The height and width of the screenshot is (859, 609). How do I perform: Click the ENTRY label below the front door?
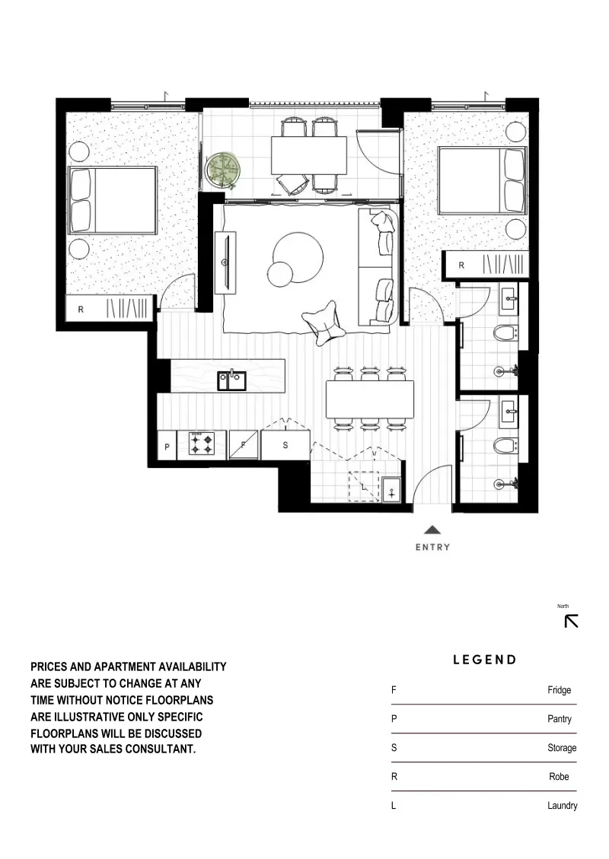pos(432,547)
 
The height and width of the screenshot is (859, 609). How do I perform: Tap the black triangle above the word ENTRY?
pos(432,530)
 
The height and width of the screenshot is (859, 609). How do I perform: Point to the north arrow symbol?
pos(571,621)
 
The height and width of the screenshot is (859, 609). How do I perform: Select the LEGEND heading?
pos(485,660)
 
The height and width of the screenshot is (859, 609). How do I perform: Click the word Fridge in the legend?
pos(559,691)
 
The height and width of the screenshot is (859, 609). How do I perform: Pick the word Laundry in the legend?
pos(562,806)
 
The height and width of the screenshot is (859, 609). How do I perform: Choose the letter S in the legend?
pos(394,748)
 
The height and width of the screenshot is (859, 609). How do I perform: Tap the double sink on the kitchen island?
pos(231,380)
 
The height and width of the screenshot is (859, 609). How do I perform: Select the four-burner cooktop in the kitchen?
pos(202,444)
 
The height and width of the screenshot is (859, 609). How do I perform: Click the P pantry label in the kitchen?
pos(167,447)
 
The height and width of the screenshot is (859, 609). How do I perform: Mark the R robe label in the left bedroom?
pos(81,309)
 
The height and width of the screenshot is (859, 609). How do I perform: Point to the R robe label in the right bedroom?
pos(461,266)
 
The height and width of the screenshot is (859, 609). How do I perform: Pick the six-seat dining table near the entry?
pos(370,399)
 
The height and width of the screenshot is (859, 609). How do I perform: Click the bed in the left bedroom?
pos(113,199)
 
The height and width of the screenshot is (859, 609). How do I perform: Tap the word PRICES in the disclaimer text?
pos(53,667)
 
